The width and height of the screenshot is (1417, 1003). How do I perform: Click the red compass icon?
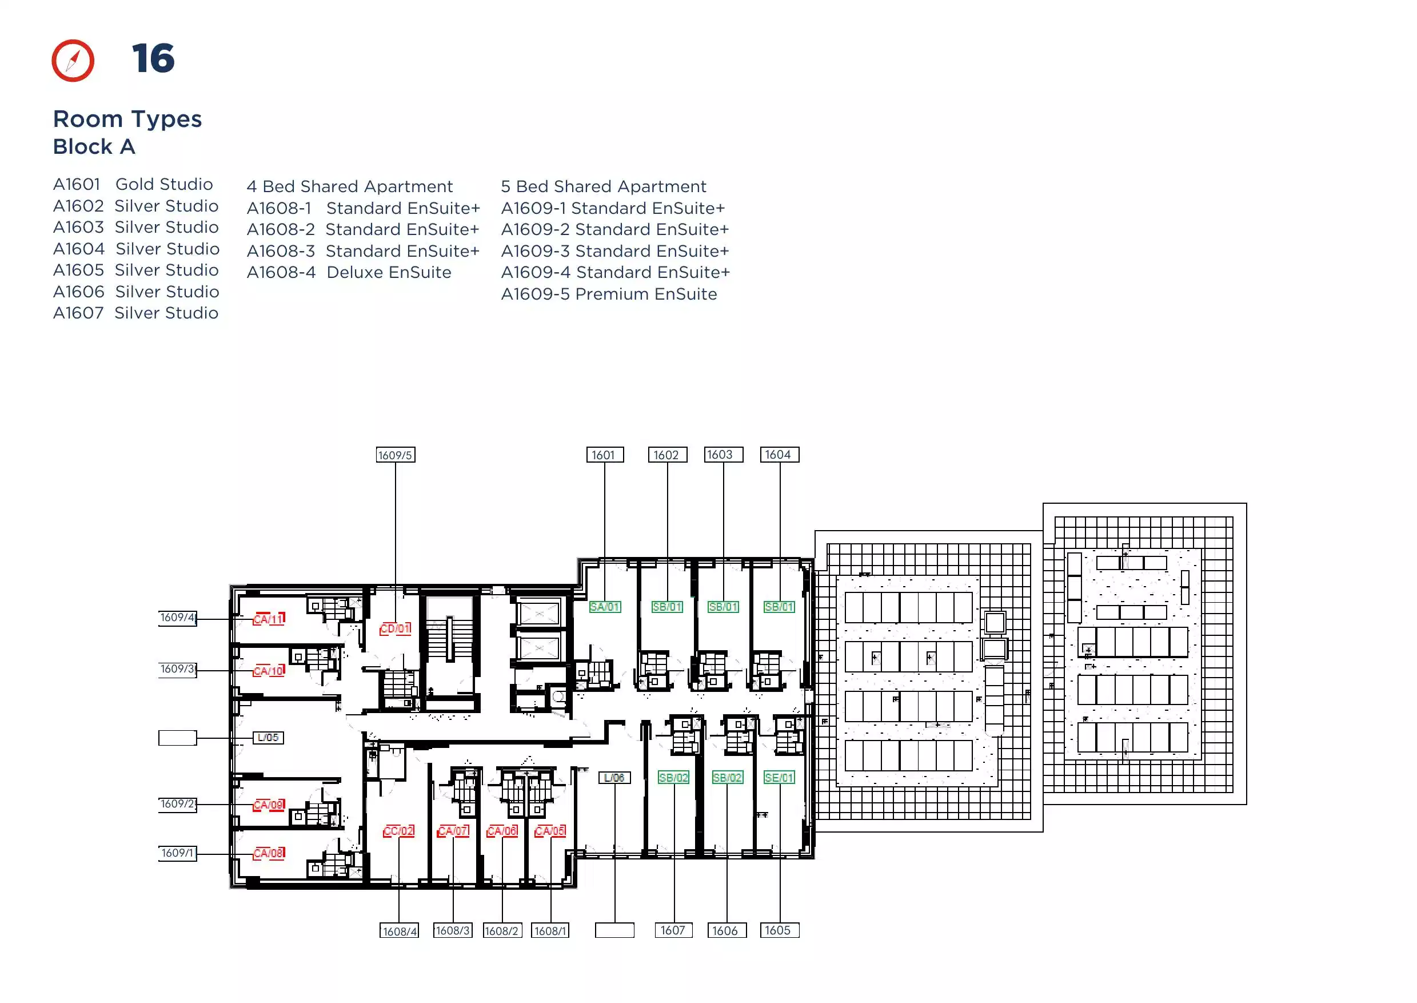pos(73,61)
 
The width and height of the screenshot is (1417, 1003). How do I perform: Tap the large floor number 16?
pos(153,59)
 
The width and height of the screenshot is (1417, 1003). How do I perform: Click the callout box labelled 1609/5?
pos(395,455)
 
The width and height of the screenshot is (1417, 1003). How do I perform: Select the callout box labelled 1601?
pos(604,455)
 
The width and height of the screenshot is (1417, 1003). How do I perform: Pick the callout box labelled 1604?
pos(779,455)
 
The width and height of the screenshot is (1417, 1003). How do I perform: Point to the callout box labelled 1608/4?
pos(399,931)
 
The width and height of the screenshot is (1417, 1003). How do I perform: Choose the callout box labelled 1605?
pos(779,930)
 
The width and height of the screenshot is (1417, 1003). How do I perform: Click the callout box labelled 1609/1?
pos(178,853)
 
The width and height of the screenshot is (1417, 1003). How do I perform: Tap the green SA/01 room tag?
pos(604,607)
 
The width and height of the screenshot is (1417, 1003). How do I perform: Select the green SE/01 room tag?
pos(779,778)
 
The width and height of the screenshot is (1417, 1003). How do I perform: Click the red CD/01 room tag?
pos(395,628)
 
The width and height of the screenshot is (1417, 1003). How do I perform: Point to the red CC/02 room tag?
pos(399,831)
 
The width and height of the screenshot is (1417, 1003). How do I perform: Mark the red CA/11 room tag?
pos(269,619)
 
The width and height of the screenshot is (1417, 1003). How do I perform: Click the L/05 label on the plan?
pos(268,738)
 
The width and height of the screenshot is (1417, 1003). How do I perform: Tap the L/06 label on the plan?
pos(614,778)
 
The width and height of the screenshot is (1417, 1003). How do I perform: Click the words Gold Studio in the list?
pos(164,184)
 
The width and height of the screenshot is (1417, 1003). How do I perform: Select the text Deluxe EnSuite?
pos(389,272)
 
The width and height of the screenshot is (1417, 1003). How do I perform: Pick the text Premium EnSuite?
pos(646,294)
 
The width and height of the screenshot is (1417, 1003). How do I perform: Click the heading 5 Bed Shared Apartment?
pos(603,186)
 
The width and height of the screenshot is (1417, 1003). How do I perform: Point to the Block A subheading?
pos(94,146)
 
